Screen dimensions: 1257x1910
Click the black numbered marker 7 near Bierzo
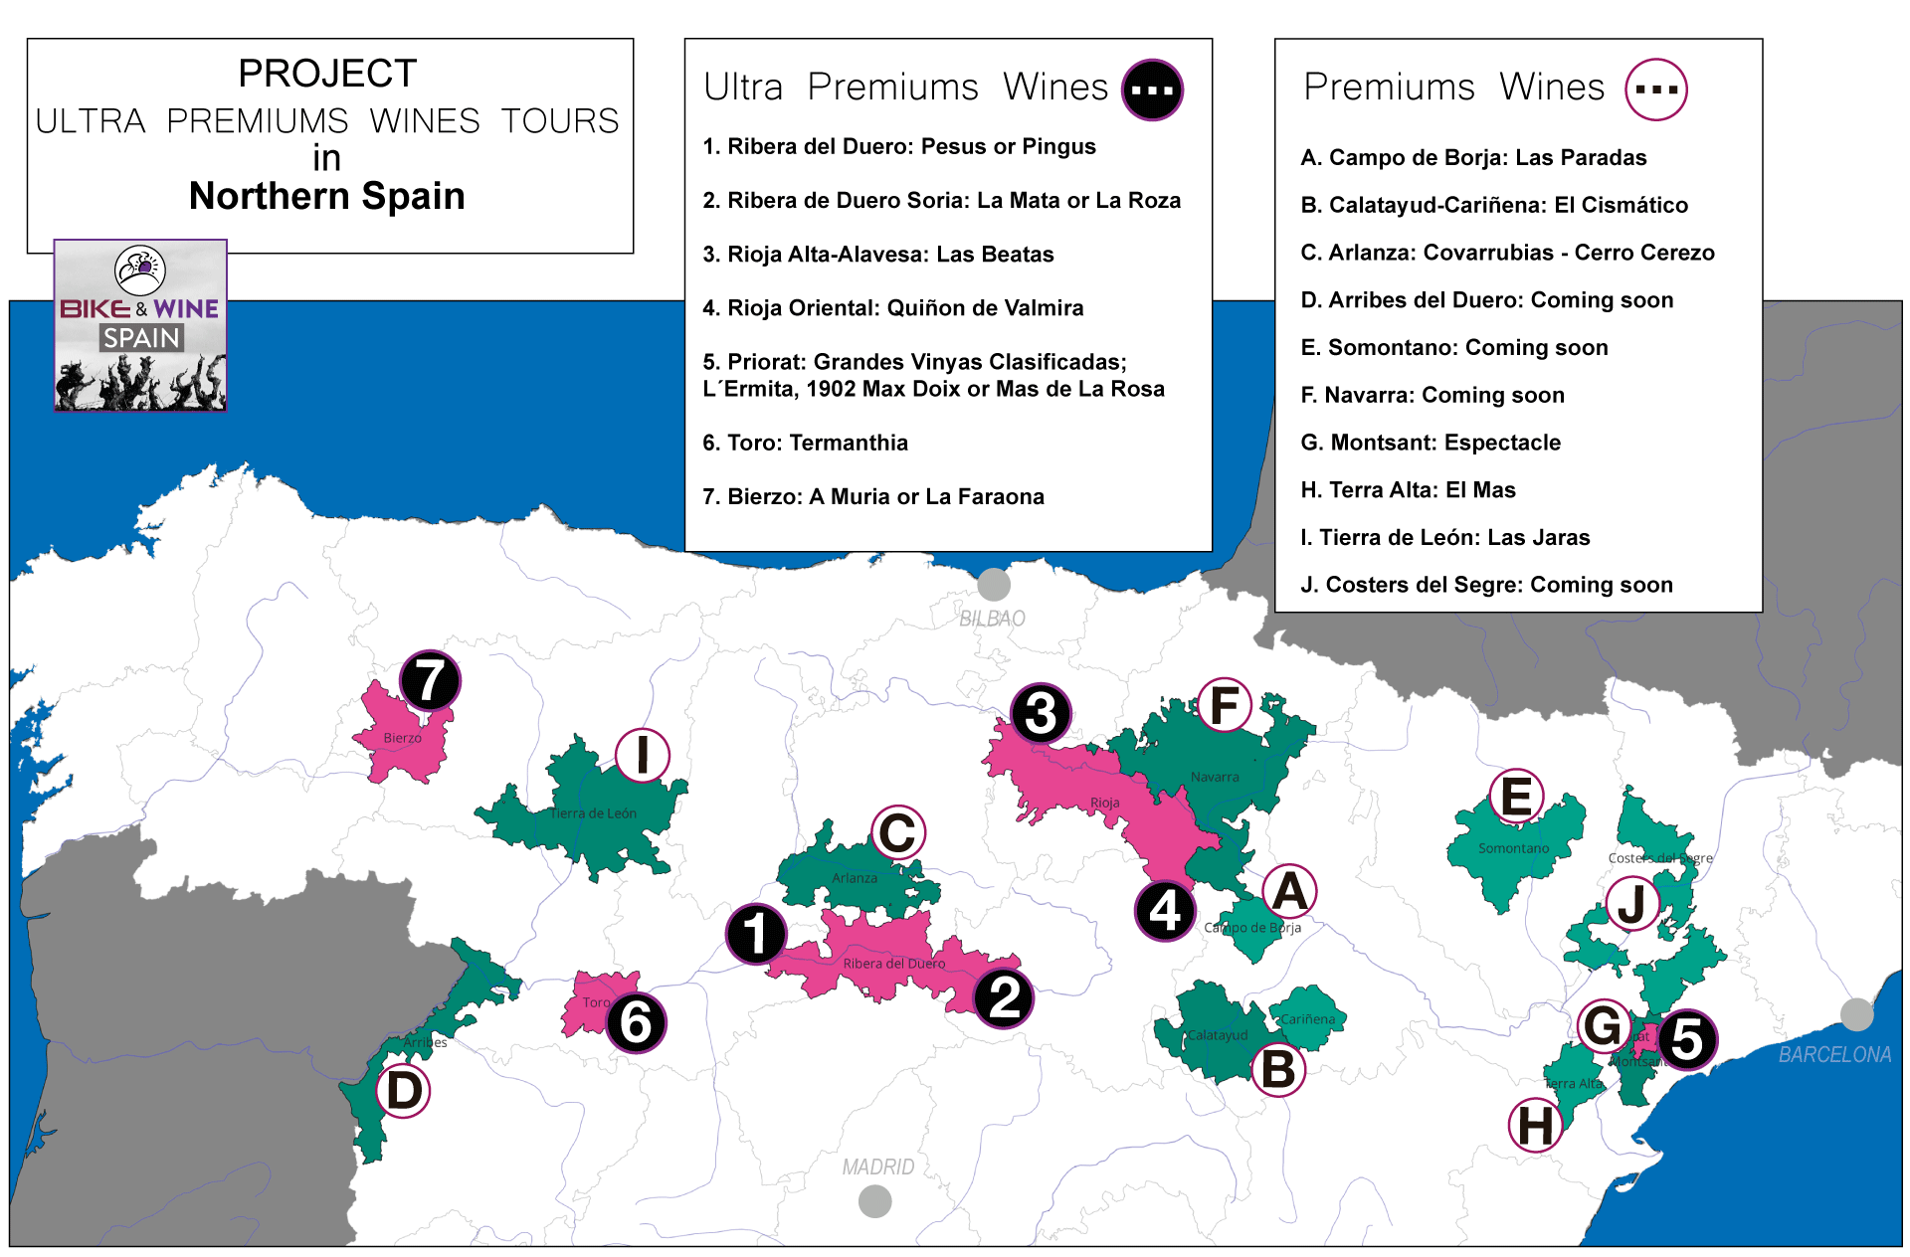(x=430, y=681)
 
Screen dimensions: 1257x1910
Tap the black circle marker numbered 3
(x=1041, y=713)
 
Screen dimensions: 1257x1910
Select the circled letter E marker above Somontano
(x=1516, y=797)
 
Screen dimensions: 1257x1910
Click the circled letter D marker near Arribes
(x=404, y=1091)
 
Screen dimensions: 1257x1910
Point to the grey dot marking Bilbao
(x=993, y=585)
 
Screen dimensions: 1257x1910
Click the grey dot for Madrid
(x=874, y=1201)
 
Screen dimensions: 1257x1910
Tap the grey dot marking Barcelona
(x=1856, y=1014)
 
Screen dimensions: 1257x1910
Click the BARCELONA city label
(x=1834, y=1054)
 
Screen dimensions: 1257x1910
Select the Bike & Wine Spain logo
(x=140, y=325)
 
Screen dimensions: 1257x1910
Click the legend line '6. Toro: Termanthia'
(x=805, y=443)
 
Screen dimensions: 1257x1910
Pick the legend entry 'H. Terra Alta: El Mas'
(x=1408, y=490)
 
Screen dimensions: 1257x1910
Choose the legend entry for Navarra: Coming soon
(x=1432, y=395)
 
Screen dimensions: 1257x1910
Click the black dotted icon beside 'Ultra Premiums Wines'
(x=1152, y=90)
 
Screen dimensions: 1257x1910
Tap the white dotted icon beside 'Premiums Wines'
(x=1655, y=90)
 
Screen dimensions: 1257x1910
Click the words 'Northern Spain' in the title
(x=327, y=196)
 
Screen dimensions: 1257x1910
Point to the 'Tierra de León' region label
(x=593, y=813)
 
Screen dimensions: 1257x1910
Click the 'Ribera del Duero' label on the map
(x=893, y=964)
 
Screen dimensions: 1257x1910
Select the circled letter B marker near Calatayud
(x=1278, y=1069)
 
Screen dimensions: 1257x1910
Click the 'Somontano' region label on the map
(x=1513, y=848)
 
